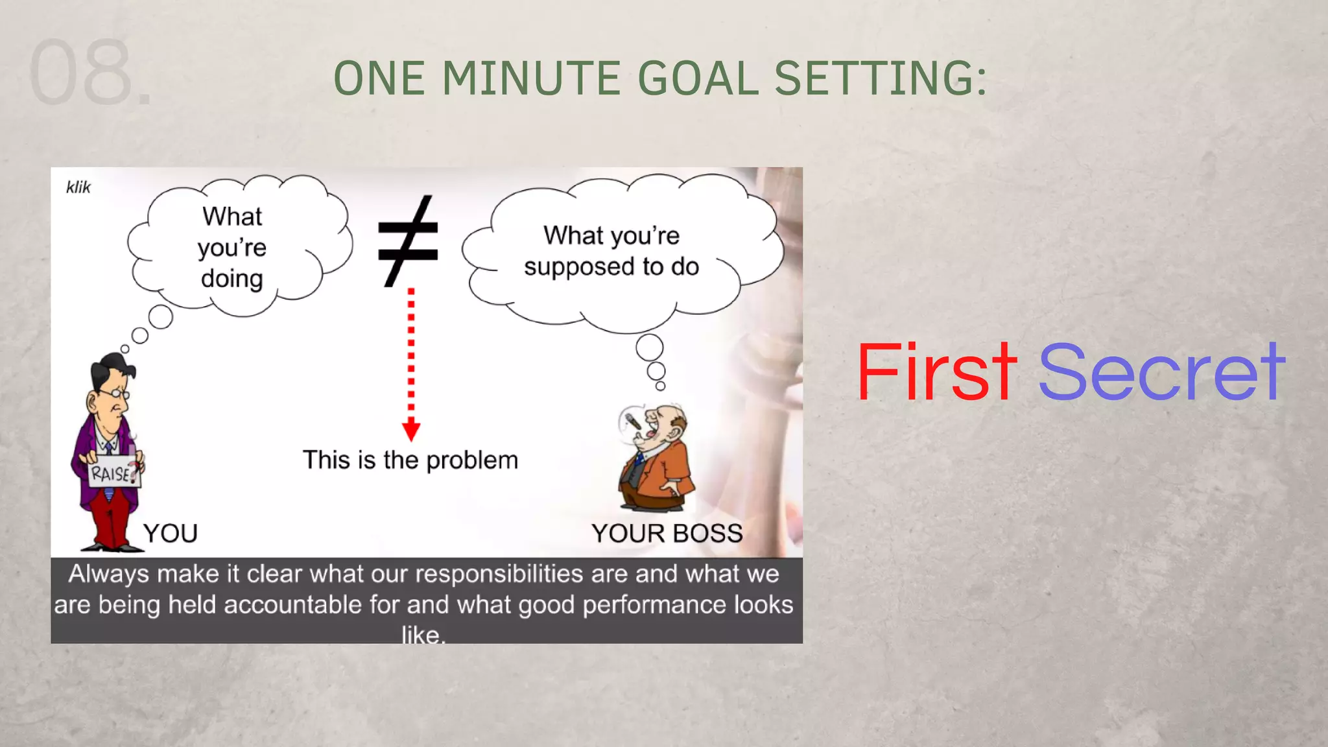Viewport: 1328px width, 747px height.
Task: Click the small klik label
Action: (78, 187)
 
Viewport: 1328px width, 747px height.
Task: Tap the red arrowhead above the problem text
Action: (411, 430)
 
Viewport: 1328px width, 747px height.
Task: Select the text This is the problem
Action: (410, 460)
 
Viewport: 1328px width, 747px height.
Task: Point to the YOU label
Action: (171, 533)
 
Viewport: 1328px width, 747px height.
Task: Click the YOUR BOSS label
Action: (667, 533)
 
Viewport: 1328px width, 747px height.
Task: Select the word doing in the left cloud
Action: (231, 279)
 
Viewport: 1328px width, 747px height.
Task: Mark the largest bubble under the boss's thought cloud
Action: (649, 348)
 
